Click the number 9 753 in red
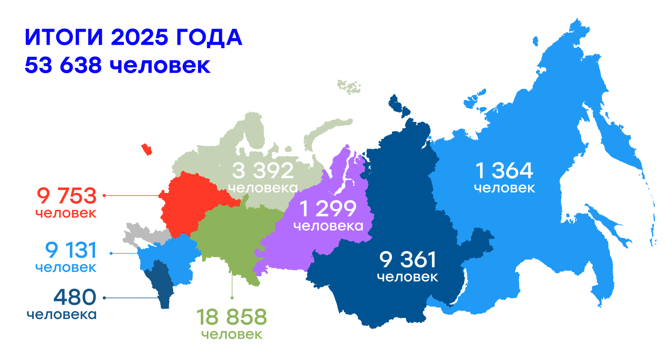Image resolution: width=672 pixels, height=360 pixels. pos(67,196)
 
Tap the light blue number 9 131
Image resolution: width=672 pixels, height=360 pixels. pos(71,250)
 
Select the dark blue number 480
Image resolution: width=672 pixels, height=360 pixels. pos(75,297)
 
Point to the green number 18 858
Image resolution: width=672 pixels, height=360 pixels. pos(231,317)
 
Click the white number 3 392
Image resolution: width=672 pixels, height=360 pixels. pos(263,171)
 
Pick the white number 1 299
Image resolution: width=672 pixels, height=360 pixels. pos(328,209)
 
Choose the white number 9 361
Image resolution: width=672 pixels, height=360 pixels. pos(408,260)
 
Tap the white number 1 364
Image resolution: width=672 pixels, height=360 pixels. pos(504,171)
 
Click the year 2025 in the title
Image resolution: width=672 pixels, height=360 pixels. pos(139,38)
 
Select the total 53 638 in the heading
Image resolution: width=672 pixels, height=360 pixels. pos(63,65)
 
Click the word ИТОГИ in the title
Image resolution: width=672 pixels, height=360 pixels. pos(64,38)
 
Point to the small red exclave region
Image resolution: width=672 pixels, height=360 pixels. pos(147,149)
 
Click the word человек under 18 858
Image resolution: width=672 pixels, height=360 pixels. pos(232,334)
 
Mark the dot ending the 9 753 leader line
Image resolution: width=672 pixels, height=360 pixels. pos(104,195)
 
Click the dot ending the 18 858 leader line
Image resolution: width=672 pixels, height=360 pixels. pos(232,298)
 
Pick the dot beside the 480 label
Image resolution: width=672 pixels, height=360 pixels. pos(104,298)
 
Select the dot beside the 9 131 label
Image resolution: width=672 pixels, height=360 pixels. pos(111,253)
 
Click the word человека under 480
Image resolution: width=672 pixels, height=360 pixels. pos(62,315)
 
